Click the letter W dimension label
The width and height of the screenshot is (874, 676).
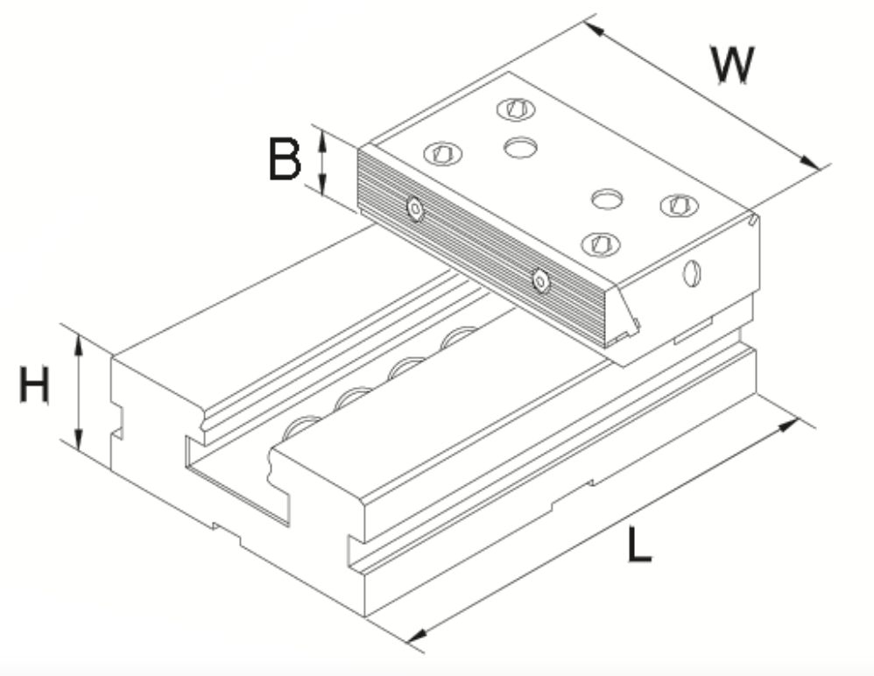point(733,65)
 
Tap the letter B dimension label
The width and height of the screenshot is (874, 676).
point(285,158)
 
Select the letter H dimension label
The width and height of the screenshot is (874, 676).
point(34,384)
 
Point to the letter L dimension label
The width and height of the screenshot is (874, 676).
point(638,544)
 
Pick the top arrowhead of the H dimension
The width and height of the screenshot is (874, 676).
point(79,347)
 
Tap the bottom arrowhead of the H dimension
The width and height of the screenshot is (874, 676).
point(79,440)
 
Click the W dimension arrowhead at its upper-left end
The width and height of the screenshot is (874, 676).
point(596,29)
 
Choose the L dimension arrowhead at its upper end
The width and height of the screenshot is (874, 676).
point(788,425)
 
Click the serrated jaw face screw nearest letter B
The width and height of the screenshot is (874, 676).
point(415,209)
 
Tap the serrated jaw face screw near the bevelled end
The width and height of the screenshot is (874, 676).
point(540,280)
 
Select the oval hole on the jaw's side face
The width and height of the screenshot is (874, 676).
point(692,273)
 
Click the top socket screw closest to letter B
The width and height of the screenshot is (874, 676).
point(443,153)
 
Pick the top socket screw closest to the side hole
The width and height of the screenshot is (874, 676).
point(679,206)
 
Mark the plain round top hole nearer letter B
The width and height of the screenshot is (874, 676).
point(520,148)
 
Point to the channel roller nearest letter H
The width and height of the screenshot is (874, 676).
point(301,426)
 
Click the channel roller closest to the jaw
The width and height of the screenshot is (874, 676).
point(458,336)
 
